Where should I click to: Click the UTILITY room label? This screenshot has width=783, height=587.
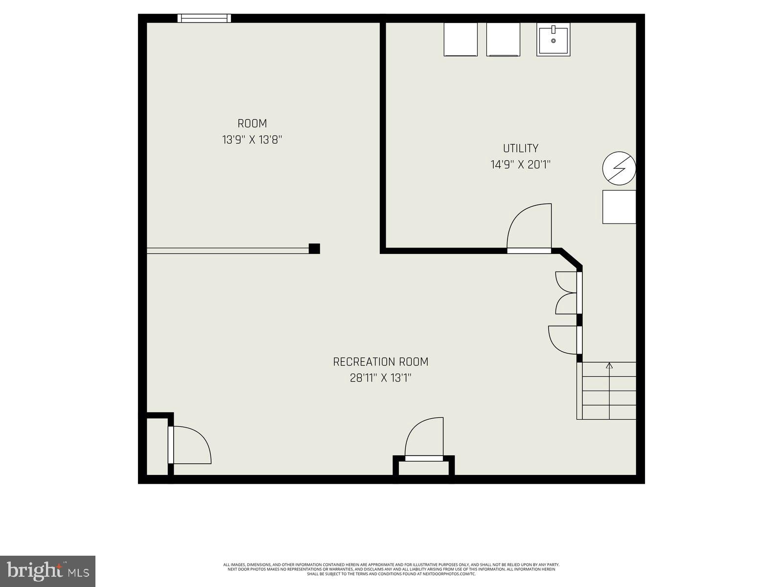521,148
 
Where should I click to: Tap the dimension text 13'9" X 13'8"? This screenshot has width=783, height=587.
252,140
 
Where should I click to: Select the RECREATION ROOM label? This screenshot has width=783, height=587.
380,362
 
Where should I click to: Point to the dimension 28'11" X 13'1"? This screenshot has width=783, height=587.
380,378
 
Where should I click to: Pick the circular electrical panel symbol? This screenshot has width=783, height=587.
619,168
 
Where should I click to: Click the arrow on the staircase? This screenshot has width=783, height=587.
609,365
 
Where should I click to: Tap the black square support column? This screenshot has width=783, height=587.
314,248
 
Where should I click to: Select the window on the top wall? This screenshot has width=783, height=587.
204,18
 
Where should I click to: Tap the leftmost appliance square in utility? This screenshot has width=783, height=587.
461,39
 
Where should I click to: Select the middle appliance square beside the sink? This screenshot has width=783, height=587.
504,39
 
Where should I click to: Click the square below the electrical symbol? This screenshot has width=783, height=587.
619,207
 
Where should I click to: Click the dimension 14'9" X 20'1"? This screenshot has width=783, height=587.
521,165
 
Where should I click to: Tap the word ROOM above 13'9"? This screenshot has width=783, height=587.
252,124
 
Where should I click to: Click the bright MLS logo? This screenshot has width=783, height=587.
47,571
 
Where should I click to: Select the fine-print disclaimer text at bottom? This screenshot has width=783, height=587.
391,569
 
